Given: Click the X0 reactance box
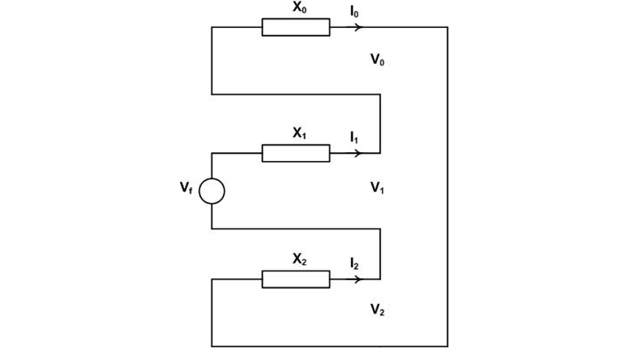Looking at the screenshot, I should coord(296,27).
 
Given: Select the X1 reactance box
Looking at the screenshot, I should coord(296,153).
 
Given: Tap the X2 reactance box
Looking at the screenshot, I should coord(296,279).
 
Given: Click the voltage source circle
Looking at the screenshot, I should coord(211,191).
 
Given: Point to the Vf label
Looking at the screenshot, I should coord(187,188).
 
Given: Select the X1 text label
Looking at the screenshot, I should coord(299,133).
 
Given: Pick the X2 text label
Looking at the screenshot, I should coord(299,259).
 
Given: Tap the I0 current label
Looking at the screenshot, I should coord(355,11).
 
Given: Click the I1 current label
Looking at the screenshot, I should coord(355,137).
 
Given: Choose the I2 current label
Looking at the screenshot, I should coord(355,263).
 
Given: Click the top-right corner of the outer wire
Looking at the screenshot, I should coord(447,27).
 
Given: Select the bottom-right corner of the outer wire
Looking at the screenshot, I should coord(447,345).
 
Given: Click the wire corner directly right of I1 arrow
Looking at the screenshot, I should coord(380,153).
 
